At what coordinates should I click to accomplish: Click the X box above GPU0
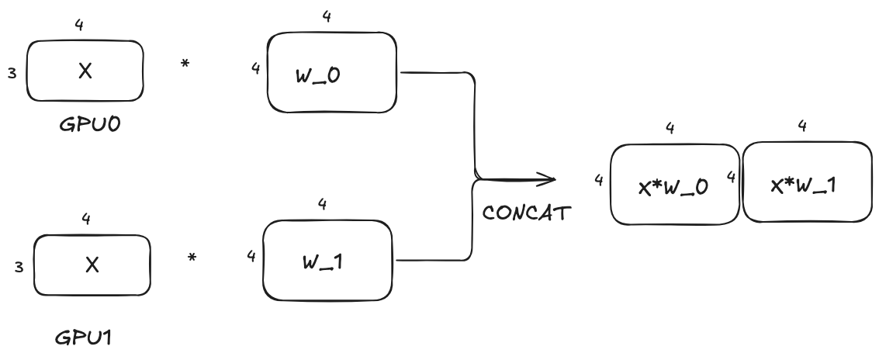click(85, 71)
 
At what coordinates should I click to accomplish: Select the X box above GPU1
click(91, 265)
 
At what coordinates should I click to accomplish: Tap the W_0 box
click(331, 72)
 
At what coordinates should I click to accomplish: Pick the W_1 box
click(327, 261)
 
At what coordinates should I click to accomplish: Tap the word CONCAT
click(526, 212)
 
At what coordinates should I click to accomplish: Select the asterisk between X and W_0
click(185, 65)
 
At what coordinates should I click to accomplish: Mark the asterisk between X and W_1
click(191, 256)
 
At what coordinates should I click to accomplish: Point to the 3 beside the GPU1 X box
click(18, 267)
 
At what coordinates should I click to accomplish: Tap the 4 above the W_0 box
click(327, 16)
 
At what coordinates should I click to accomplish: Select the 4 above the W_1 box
click(322, 203)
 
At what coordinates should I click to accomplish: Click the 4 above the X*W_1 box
click(802, 126)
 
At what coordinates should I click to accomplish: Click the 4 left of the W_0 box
click(255, 68)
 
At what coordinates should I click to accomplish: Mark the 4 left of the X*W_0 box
click(599, 180)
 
